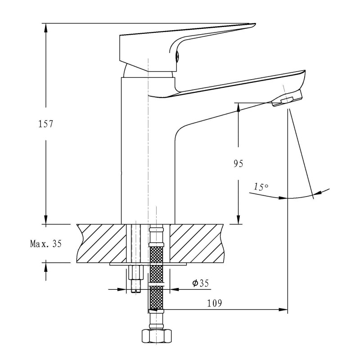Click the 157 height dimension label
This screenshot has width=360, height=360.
[x=46, y=124]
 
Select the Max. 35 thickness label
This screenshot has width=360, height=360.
[x=45, y=244]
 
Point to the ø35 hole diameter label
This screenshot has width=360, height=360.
[x=201, y=283]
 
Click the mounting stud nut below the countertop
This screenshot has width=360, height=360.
[x=135, y=273]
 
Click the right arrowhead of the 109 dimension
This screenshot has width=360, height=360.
[x=283, y=310]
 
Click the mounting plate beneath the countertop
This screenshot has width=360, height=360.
[x=148, y=265]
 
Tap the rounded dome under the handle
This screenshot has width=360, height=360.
[x=148, y=72]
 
